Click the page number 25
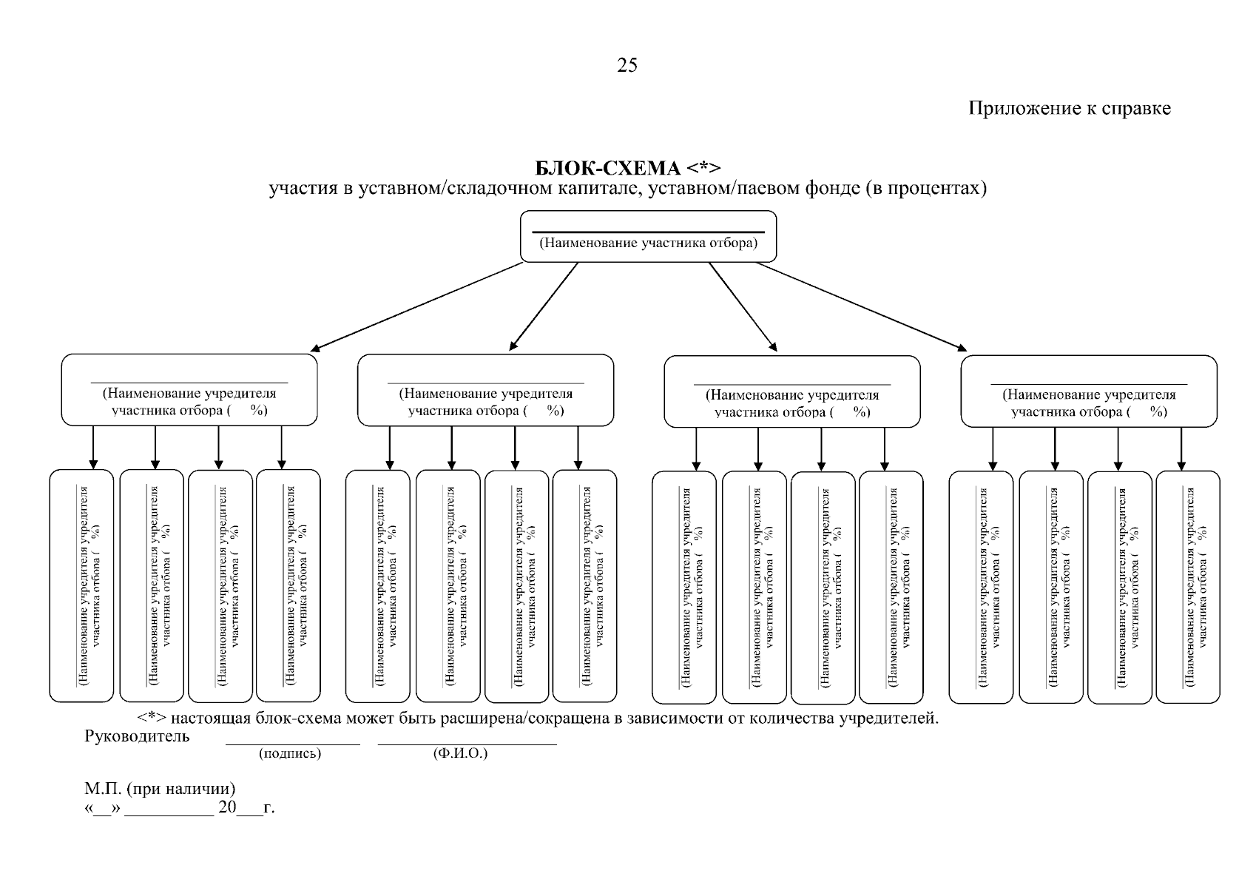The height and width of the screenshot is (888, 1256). (627, 66)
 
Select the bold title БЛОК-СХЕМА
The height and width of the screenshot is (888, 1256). (607, 168)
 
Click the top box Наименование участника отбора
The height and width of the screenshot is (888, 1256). (648, 236)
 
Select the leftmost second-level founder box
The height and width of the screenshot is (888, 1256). (189, 390)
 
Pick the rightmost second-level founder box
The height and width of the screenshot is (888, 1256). (1089, 391)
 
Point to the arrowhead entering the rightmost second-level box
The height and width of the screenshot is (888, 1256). (962, 348)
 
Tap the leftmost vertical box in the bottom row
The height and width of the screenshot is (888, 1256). (82, 585)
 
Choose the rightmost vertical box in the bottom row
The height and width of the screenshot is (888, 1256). (1188, 587)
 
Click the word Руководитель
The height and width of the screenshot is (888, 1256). (138, 736)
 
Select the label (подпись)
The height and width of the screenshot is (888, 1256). (290, 753)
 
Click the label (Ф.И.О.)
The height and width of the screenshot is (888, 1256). (460, 753)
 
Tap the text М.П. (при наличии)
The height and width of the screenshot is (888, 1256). (160, 789)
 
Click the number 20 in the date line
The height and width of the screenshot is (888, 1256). (227, 807)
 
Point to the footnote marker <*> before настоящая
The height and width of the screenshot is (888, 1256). (152, 718)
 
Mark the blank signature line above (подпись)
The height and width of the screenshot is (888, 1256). (293, 744)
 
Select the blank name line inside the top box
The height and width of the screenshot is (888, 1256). (648, 232)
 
